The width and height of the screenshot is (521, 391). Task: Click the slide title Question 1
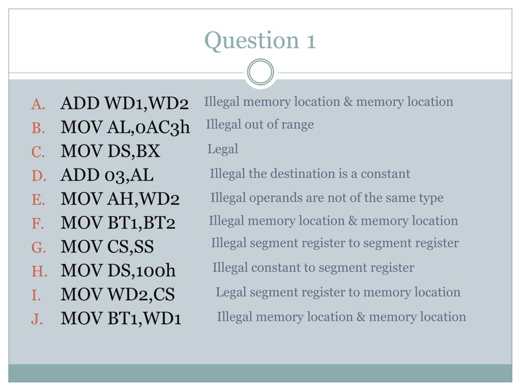pyautogui.click(x=260, y=40)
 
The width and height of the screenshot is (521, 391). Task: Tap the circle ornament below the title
pyautogui.click(x=260, y=72)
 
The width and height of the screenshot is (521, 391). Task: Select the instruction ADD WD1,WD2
pyautogui.click(x=125, y=103)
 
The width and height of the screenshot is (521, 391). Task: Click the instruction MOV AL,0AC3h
pyautogui.click(x=125, y=127)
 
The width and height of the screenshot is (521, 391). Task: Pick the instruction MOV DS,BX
pyautogui.click(x=110, y=151)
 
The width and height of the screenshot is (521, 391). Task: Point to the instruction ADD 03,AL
pyautogui.click(x=107, y=175)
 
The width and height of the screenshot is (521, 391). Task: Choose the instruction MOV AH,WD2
pyautogui.click(x=120, y=199)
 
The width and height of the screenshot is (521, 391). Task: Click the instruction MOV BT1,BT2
pyautogui.click(x=118, y=223)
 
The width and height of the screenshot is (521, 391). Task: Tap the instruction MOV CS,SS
pyautogui.click(x=107, y=247)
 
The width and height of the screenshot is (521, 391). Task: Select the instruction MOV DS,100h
pyautogui.click(x=118, y=271)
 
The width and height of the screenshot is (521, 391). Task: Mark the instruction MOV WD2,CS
pyautogui.click(x=118, y=295)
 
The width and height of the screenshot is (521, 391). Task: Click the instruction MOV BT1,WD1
pyautogui.click(x=121, y=319)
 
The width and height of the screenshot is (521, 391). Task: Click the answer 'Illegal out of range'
pyautogui.click(x=259, y=125)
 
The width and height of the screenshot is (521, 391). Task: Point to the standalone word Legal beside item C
pyautogui.click(x=223, y=149)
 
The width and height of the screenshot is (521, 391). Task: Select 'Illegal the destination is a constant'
pyautogui.click(x=310, y=174)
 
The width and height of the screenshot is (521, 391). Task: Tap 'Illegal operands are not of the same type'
pyautogui.click(x=327, y=198)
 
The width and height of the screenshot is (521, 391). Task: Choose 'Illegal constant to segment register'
pyautogui.click(x=313, y=267)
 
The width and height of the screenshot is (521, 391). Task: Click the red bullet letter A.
pyautogui.click(x=38, y=104)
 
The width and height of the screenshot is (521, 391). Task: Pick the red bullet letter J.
pyautogui.click(x=37, y=319)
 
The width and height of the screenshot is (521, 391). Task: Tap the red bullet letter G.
pyautogui.click(x=39, y=248)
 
